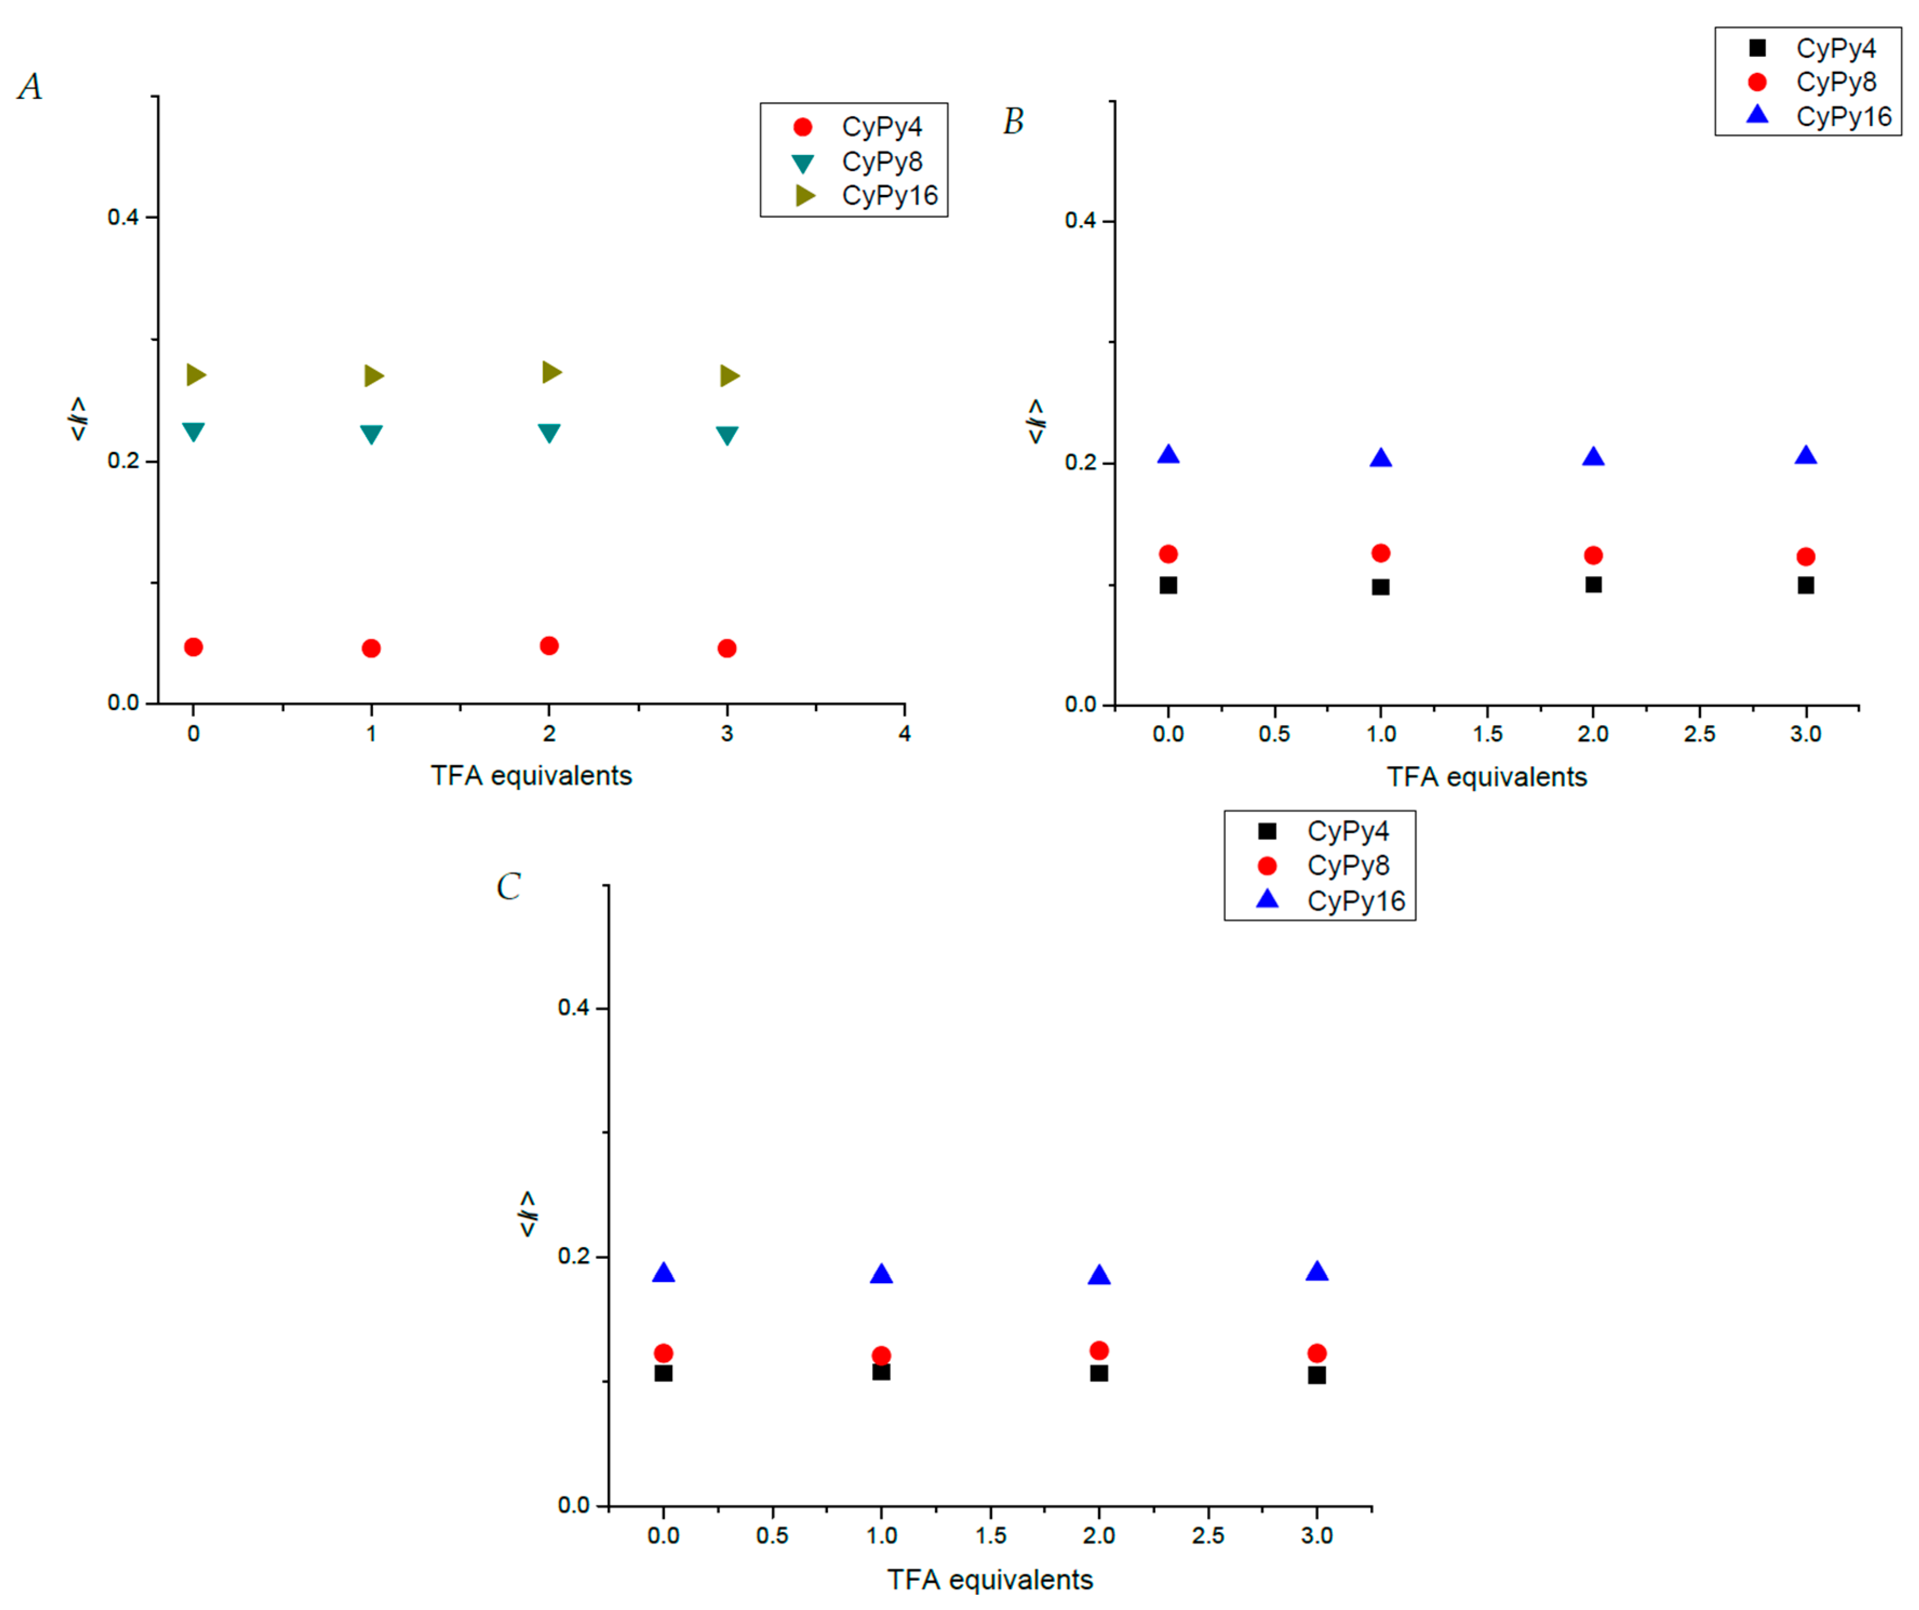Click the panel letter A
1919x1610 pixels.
pyautogui.click(x=30, y=87)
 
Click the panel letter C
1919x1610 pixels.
pyautogui.click(x=508, y=886)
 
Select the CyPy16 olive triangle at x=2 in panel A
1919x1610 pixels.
pyautogui.click(x=550, y=372)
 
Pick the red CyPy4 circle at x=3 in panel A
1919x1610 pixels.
pyautogui.click(x=727, y=648)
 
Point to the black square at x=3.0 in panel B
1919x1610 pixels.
pyautogui.click(x=1806, y=585)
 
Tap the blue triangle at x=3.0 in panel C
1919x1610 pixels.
pyautogui.click(x=1317, y=1271)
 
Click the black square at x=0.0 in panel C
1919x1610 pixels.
pyautogui.click(x=663, y=1372)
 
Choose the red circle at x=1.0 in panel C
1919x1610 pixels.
pyautogui.click(x=881, y=1355)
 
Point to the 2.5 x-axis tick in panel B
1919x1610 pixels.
pyautogui.click(x=1699, y=734)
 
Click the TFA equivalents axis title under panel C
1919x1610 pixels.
pyautogui.click(x=990, y=1579)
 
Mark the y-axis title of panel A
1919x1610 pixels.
pyautogui.click(x=78, y=419)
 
